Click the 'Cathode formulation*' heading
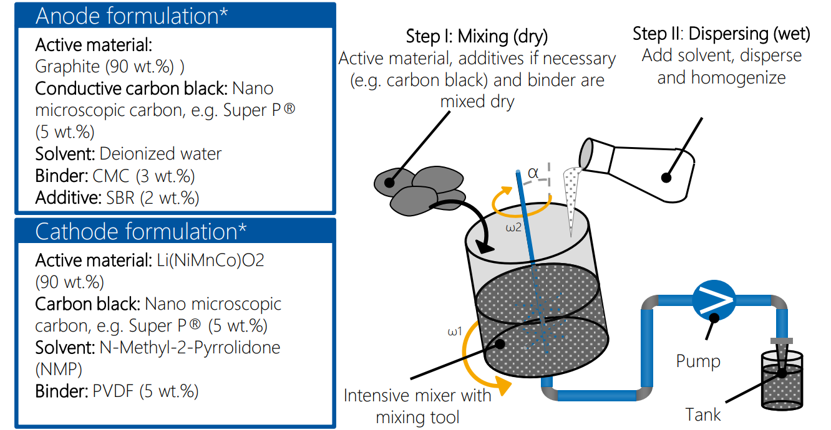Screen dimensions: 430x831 coord(141,232)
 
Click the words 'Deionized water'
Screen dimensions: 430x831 coord(160,153)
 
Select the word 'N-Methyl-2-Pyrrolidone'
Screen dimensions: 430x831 coord(190,347)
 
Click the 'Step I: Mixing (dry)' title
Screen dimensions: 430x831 coord(477,36)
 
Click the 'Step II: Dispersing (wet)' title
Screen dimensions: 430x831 coord(721,34)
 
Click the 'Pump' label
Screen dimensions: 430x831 coord(698,361)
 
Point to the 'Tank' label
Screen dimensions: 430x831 coord(703,414)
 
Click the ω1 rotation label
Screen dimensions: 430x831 coord(454,332)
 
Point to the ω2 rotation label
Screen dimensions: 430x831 coord(513,228)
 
